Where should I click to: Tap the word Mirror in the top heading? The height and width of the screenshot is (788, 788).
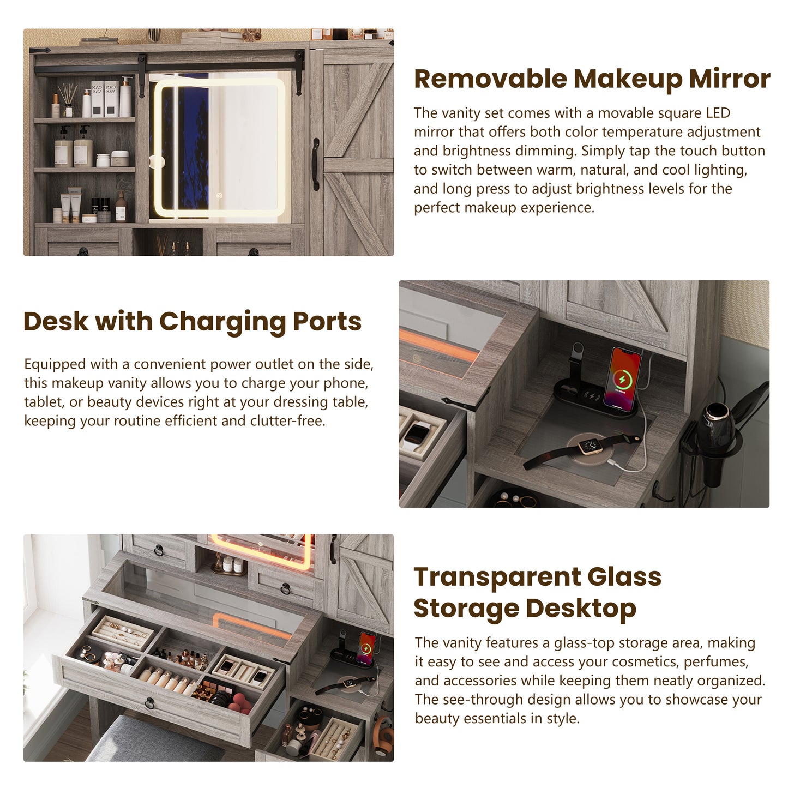pyautogui.click(x=730, y=79)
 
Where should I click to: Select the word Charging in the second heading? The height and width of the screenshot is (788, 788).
pyautogui.click(x=222, y=322)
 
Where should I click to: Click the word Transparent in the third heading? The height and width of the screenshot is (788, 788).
pyautogui.click(x=496, y=576)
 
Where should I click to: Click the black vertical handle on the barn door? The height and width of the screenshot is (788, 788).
pyautogui.click(x=316, y=164)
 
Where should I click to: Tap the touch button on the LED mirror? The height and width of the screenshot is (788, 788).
pyautogui.click(x=219, y=196)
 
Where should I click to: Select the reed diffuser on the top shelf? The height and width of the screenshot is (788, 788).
pyautogui.click(x=67, y=100)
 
